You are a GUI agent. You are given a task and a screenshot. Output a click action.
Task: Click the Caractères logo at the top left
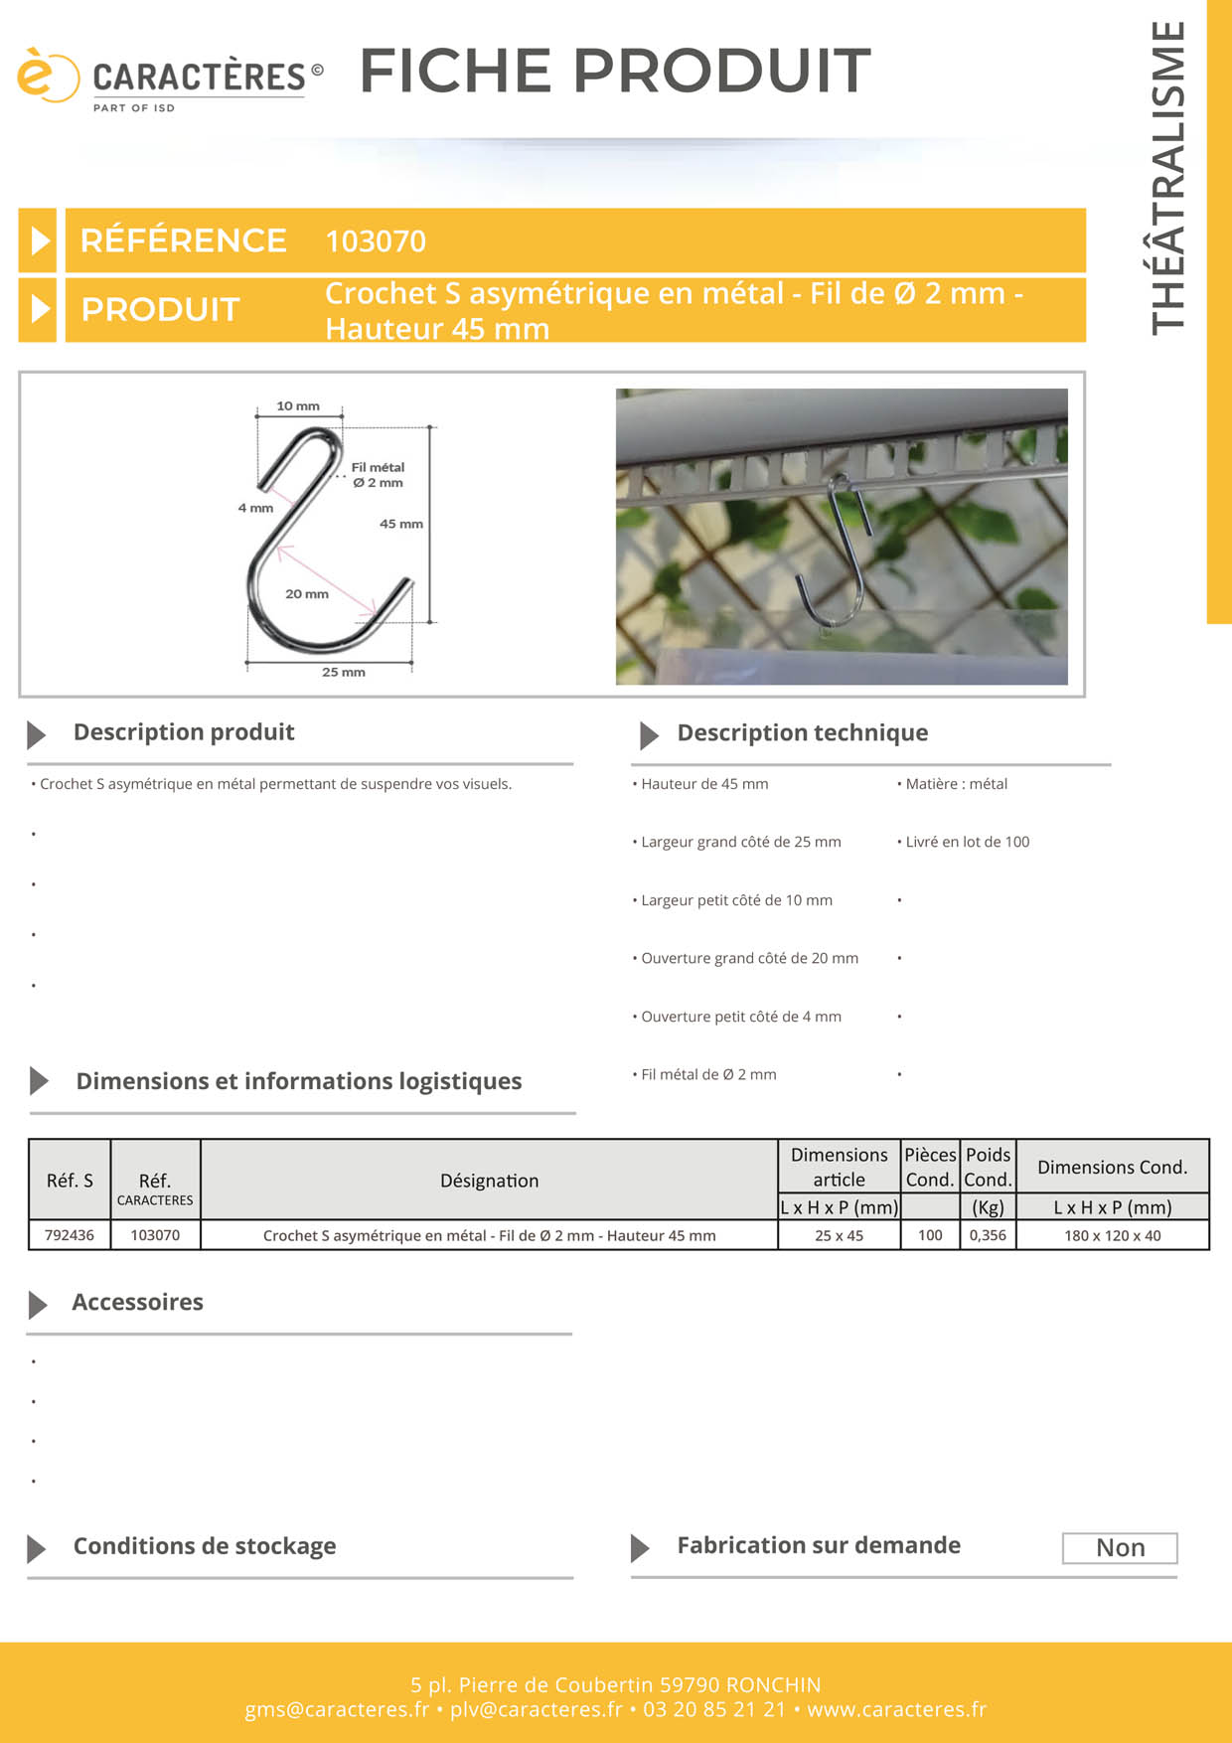[x=170, y=79]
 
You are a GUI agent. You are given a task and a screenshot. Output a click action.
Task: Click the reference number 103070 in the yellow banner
[x=376, y=241]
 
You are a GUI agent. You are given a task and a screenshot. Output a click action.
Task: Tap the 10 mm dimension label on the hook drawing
[x=298, y=405]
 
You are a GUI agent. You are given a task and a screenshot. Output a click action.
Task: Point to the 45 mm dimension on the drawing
[x=401, y=524]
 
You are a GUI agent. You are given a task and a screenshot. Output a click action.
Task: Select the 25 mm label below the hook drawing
[x=344, y=672]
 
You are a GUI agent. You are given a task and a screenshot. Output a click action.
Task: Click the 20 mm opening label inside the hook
[x=307, y=594]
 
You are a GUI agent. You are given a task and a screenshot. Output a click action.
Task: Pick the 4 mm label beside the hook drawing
[x=255, y=508]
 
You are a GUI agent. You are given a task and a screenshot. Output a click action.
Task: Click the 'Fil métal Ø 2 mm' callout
[x=378, y=475]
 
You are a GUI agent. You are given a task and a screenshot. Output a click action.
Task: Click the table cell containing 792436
[x=70, y=1235]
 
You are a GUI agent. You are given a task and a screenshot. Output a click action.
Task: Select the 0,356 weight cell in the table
[x=988, y=1235]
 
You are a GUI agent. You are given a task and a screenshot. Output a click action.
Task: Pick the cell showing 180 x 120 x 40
[x=1113, y=1235]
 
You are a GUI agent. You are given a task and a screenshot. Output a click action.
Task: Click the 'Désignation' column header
[x=490, y=1181]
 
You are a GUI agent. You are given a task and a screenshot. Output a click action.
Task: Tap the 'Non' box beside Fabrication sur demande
[x=1120, y=1548]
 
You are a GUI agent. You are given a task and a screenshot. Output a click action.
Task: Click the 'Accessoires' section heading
[x=137, y=1302]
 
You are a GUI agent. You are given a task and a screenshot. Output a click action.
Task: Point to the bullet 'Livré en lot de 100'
[x=964, y=842]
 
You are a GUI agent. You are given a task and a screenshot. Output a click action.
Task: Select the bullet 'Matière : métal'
[x=953, y=784]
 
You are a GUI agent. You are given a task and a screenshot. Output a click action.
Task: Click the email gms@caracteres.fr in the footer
[x=337, y=1709]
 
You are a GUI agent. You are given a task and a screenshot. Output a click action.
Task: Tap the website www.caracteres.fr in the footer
[x=897, y=1709]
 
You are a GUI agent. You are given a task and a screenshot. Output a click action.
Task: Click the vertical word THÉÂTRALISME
[x=1168, y=178]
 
